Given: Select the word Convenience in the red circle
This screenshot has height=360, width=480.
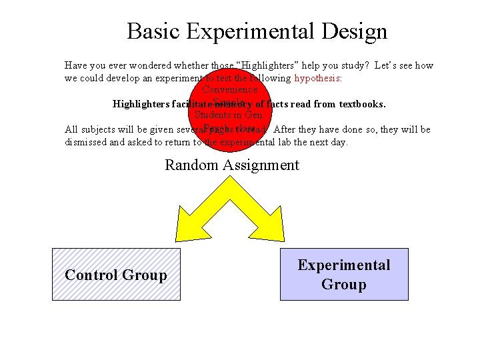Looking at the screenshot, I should (x=229, y=89).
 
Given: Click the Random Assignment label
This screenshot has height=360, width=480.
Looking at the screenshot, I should (x=232, y=165).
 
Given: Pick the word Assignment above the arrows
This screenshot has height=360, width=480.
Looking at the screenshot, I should (x=259, y=165).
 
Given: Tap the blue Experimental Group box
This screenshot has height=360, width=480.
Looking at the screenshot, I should (x=344, y=275).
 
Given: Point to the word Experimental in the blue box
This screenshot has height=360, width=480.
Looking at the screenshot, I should (x=344, y=265).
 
